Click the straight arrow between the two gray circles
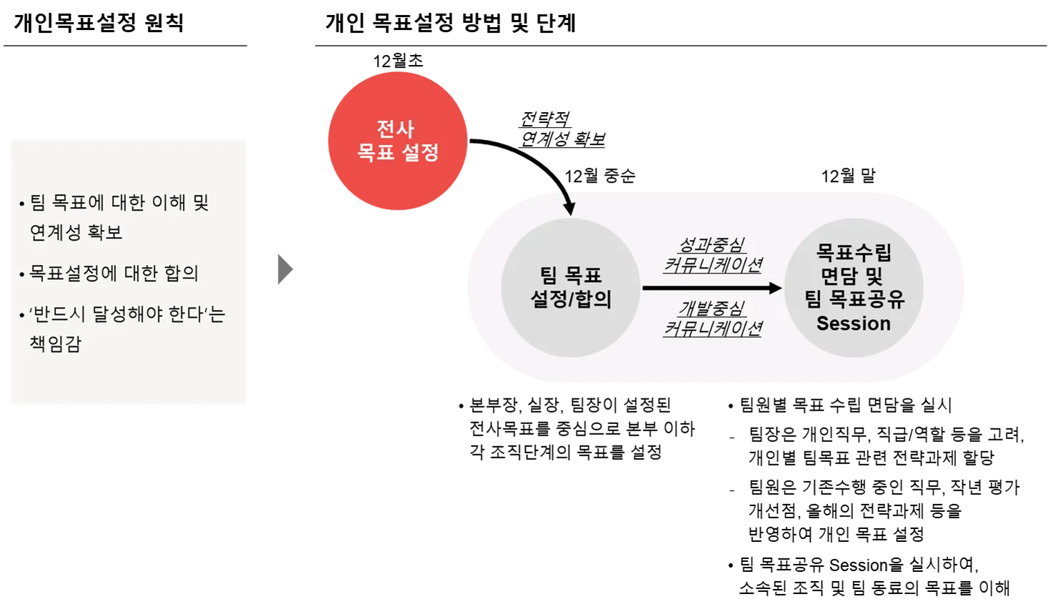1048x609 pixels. pyautogui.click(x=711, y=288)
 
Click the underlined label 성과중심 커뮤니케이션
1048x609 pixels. pyautogui.click(x=712, y=256)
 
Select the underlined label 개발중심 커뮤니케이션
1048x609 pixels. pyautogui.click(x=712, y=318)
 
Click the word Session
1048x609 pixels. pyautogui.click(x=854, y=323)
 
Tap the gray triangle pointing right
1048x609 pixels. pyautogui.click(x=284, y=268)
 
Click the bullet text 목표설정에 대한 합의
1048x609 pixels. pyautogui.click(x=114, y=273)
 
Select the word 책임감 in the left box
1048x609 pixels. pyautogui.click(x=56, y=343)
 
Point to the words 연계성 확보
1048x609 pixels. pyautogui.click(x=76, y=232)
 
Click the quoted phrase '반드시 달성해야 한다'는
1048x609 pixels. pyautogui.click(x=127, y=314)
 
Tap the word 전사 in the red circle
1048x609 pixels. pyautogui.click(x=395, y=129)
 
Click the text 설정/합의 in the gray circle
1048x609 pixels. pyautogui.click(x=571, y=299)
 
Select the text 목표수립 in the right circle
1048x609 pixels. pyautogui.click(x=854, y=252)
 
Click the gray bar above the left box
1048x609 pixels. pyautogui.click(x=126, y=46)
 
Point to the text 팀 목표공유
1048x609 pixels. pyautogui.click(x=854, y=299)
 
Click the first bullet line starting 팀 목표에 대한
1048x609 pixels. pyautogui.click(x=119, y=203)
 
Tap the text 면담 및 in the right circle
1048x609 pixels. pyautogui.click(x=852, y=276)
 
